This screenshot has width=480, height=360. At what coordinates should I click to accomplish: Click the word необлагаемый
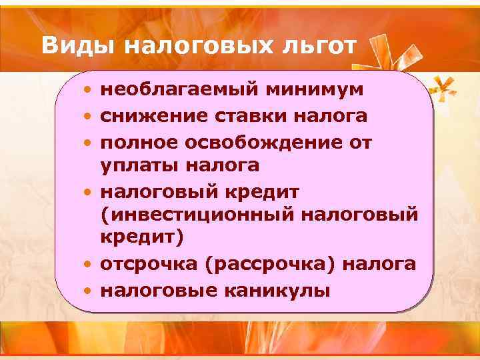coord(177,89)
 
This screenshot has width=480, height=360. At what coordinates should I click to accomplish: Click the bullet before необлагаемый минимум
coord(88,89)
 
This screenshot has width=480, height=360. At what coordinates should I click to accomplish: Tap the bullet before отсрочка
coord(88,265)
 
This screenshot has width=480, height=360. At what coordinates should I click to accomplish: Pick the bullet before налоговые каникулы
coord(88,291)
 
